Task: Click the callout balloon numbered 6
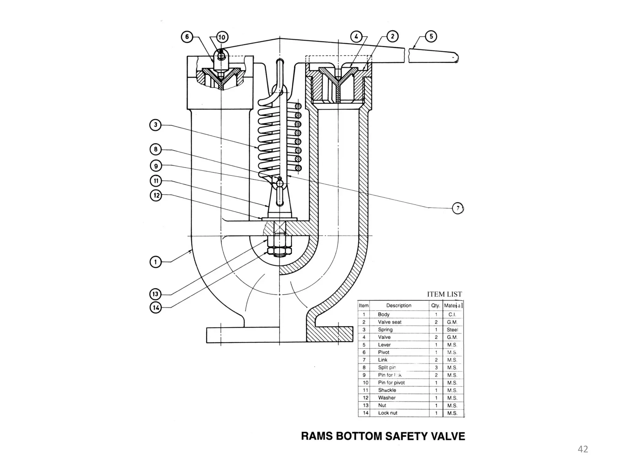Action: click(x=187, y=37)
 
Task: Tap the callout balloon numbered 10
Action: click(x=222, y=37)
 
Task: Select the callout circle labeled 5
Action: click(x=431, y=37)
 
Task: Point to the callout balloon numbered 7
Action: click(x=458, y=208)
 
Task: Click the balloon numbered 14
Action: click(x=156, y=307)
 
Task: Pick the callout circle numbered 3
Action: click(x=156, y=125)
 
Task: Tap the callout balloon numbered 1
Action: click(x=156, y=262)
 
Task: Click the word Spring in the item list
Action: click(x=385, y=330)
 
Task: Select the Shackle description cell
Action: click(x=387, y=390)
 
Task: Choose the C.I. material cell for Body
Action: click(x=452, y=315)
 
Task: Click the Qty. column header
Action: click(x=436, y=305)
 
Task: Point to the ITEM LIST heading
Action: click(x=444, y=294)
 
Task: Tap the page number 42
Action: click(x=583, y=449)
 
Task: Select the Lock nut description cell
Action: click(x=388, y=413)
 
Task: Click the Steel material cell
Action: click(x=452, y=330)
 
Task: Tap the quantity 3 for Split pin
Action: click(x=436, y=367)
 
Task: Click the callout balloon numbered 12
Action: click(x=156, y=195)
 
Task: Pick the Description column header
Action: click(x=399, y=305)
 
